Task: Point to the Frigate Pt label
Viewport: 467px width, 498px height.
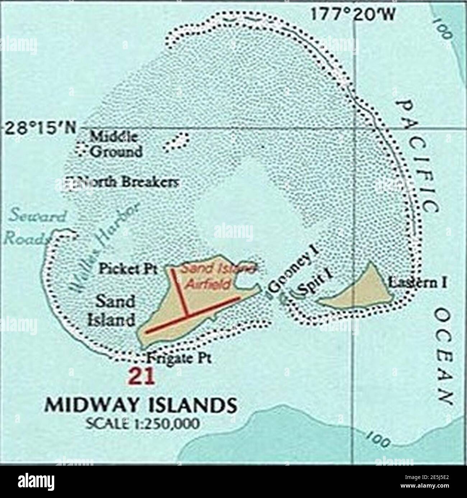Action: (179, 358)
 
